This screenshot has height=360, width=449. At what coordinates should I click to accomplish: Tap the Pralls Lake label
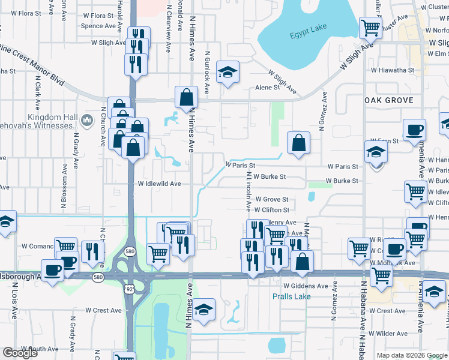point(291,296)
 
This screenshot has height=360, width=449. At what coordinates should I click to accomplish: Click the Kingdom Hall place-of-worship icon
point(86,121)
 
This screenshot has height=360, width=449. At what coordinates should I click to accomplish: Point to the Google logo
point(20,353)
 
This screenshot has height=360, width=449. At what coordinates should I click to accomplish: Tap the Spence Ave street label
point(98,26)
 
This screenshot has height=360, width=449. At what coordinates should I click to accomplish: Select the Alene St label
point(268,87)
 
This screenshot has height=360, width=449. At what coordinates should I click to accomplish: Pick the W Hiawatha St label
point(392,70)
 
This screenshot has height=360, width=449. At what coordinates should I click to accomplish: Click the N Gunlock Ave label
point(207,73)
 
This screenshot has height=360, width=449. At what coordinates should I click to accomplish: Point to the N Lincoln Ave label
point(249,191)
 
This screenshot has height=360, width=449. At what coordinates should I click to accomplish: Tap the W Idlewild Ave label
point(159,184)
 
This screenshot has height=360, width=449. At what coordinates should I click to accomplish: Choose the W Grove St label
point(272,199)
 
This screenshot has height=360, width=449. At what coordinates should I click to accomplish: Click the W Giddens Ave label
point(306,286)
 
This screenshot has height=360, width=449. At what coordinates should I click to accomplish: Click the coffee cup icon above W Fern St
point(414,129)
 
